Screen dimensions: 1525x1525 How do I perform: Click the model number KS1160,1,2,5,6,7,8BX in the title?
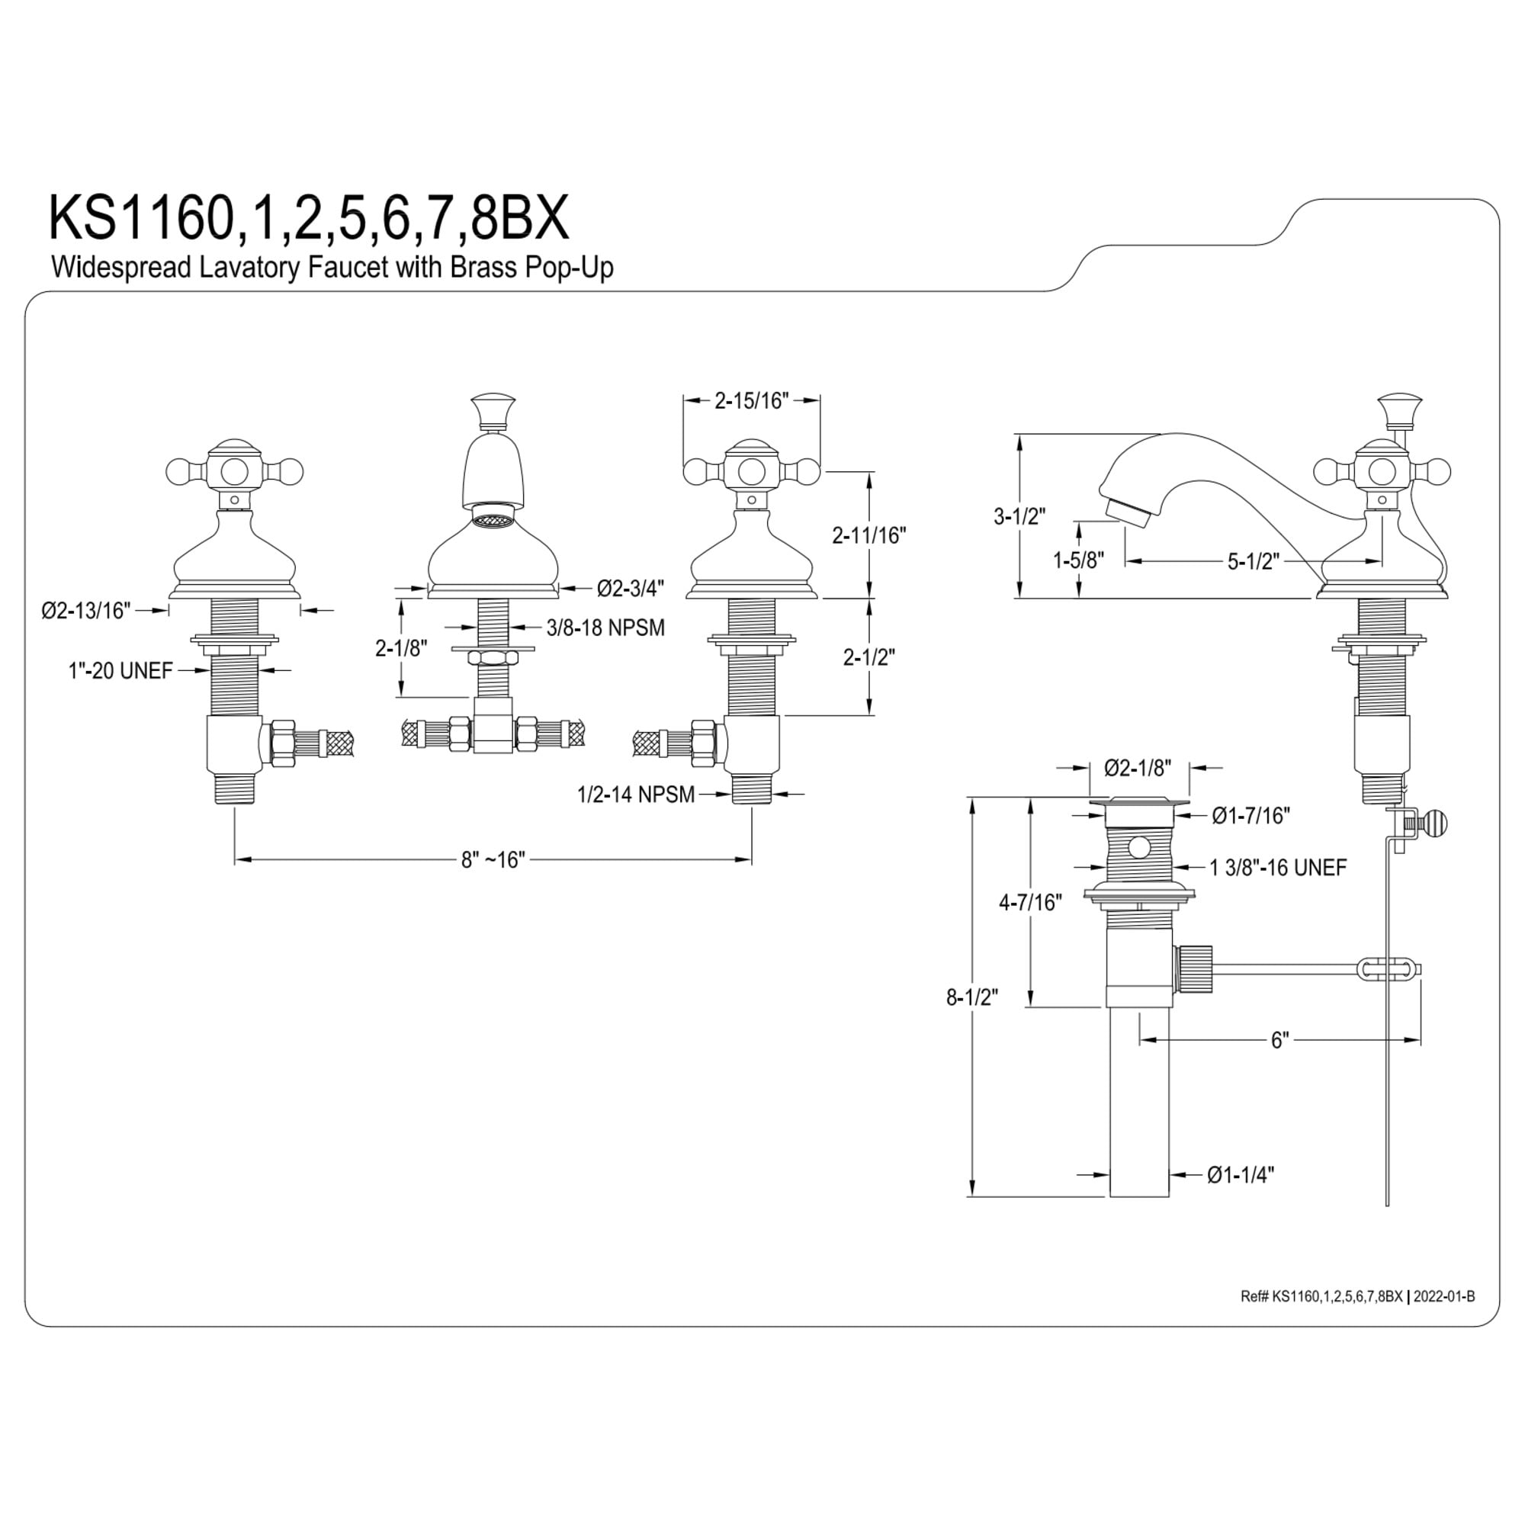pos(309,219)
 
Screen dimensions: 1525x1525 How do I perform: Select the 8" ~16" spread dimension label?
pos(493,859)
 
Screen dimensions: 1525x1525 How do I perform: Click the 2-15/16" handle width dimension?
pos(752,401)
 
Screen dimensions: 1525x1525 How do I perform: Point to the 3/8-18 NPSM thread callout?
pos(605,628)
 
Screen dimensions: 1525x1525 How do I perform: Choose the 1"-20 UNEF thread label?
pos(120,671)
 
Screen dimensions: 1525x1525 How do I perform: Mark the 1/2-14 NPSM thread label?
pos(636,794)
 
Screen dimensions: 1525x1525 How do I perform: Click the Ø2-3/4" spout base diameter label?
pos(630,588)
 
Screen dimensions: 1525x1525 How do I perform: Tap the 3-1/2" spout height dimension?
pos(1019,516)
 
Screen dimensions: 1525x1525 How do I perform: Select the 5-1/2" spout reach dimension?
pos(1253,561)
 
